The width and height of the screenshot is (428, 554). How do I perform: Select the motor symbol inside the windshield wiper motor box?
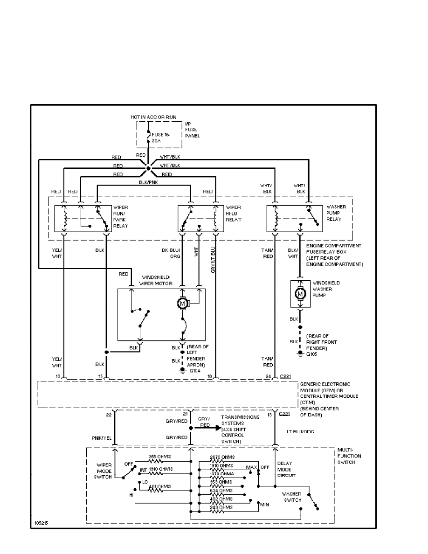click(x=182, y=304)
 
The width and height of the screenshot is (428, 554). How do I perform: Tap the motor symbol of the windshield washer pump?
click(x=301, y=293)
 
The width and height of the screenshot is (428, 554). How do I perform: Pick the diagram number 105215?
click(x=41, y=523)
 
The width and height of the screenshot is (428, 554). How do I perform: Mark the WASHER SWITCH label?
click(x=292, y=497)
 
